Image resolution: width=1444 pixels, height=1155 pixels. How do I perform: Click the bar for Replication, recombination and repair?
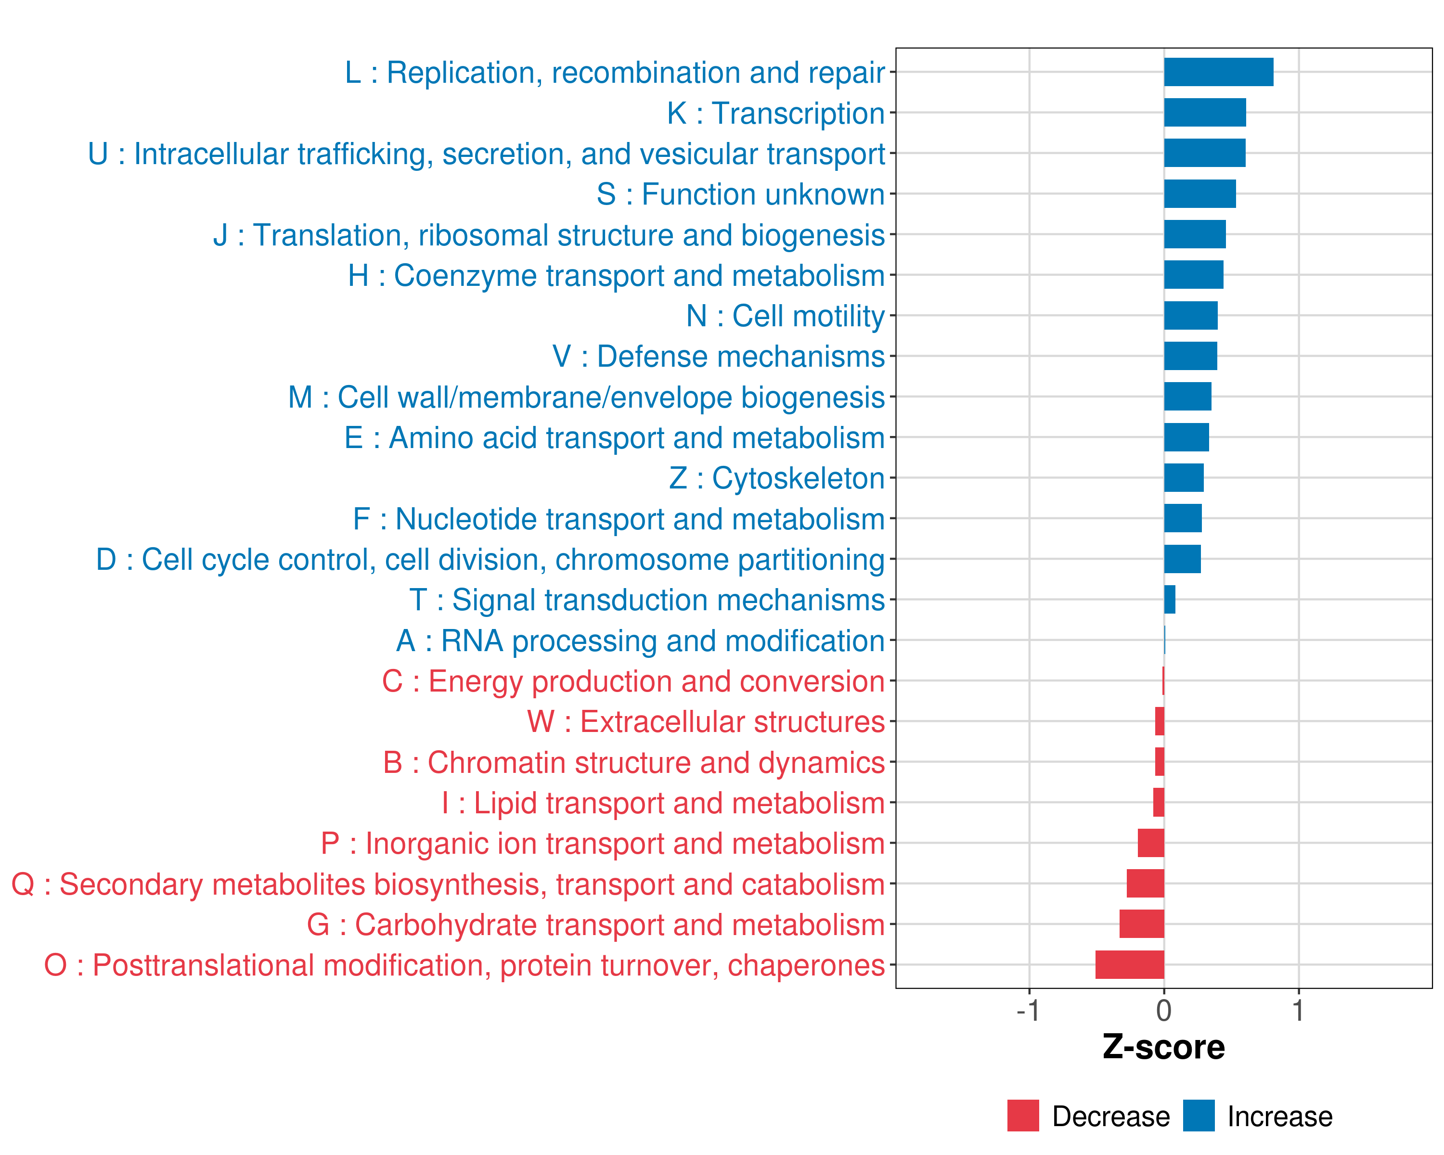pyautogui.click(x=1218, y=72)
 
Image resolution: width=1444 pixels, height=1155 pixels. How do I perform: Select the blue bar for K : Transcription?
pyautogui.click(x=1205, y=113)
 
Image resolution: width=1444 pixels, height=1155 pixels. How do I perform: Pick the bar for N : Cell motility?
pyautogui.click(x=1190, y=315)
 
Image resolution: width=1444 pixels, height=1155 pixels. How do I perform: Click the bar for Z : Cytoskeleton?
pyautogui.click(x=1184, y=478)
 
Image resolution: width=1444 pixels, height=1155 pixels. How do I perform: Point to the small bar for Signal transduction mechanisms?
pyautogui.click(x=1169, y=599)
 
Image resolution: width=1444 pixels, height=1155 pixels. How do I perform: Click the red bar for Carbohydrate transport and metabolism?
pyautogui.click(x=1141, y=924)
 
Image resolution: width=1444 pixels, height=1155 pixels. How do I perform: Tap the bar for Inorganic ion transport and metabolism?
pyautogui.click(x=1151, y=843)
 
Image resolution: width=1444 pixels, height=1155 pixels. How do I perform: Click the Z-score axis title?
pyautogui.click(x=1163, y=1047)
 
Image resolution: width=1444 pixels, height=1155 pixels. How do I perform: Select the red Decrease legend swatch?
pyautogui.click(x=1023, y=1116)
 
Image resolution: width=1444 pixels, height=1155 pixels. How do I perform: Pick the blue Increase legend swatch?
pyautogui.click(x=1198, y=1116)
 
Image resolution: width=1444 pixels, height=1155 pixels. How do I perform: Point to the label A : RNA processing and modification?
pyautogui.click(x=640, y=641)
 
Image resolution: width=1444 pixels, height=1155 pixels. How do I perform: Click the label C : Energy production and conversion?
pyautogui.click(x=633, y=681)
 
